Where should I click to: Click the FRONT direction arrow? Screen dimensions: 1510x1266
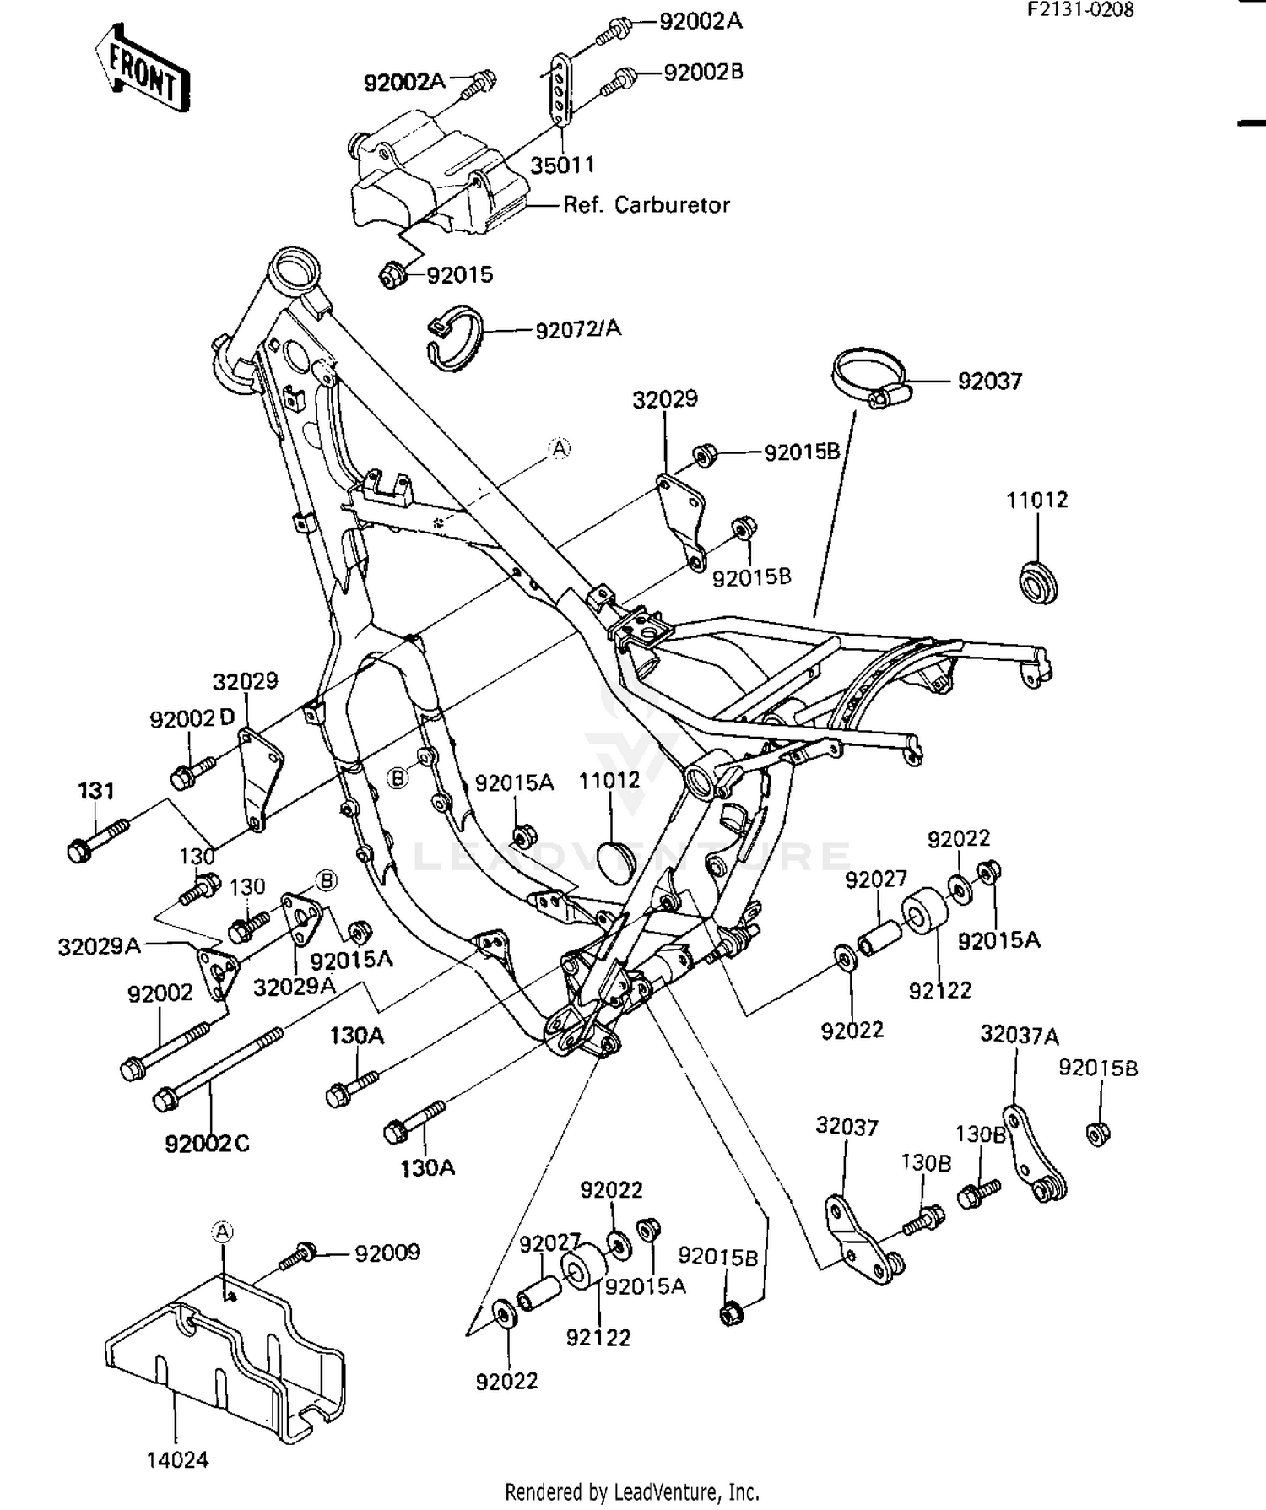[x=142, y=68]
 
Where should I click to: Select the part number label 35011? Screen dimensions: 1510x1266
[x=562, y=165]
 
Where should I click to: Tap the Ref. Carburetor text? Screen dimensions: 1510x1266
[x=647, y=205]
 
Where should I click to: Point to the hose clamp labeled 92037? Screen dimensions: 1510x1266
[x=869, y=377]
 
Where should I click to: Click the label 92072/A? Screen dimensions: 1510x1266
[x=578, y=328]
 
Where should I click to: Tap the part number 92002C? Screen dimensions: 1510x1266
[x=207, y=1144]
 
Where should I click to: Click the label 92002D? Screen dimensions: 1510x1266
[x=192, y=718]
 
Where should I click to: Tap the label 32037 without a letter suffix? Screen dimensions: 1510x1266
[x=847, y=1127]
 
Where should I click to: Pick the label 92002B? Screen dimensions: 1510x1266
[x=703, y=73]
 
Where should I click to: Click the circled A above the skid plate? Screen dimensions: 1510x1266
[x=222, y=1232]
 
